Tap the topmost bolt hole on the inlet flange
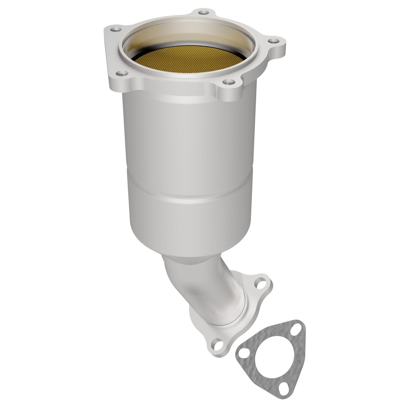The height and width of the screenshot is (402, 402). point(203,12)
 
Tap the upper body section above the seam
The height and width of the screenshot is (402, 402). point(190,134)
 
